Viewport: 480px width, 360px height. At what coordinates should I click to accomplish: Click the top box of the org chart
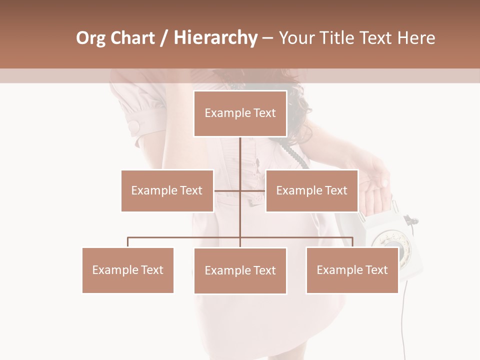pyautogui.click(x=240, y=113)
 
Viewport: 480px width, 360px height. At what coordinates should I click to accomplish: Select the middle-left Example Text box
pyautogui.click(x=167, y=190)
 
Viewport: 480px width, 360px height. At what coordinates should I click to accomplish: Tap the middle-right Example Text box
pyautogui.click(x=311, y=190)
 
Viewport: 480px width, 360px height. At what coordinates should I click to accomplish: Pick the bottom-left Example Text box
pyautogui.click(x=127, y=270)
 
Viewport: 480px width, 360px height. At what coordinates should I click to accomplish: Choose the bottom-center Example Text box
pyautogui.click(x=240, y=270)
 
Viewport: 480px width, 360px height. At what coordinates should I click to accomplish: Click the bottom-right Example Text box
pyautogui.click(x=352, y=270)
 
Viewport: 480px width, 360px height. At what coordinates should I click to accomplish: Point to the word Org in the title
pyautogui.click(x=91, y=38)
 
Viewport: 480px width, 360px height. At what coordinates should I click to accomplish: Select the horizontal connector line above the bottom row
pyautogui.click(x=185, y=237)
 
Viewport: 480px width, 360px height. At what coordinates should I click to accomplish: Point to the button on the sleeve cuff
pyautogui.click(x=134, y=126)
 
